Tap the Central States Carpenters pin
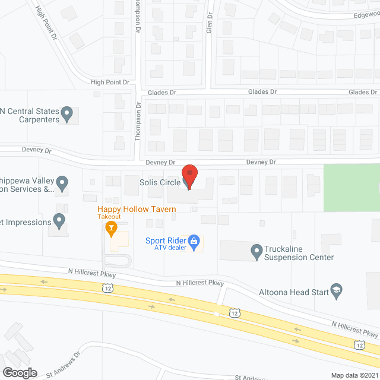(x=67, y=112)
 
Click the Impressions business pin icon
(x=59, y=221)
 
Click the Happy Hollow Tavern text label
(x=137, y=209)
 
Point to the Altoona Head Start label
(x=293, y=292)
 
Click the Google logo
(x=19, y=373)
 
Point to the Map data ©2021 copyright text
(x=354, y=375)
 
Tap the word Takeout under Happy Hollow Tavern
(x=110, y=217)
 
